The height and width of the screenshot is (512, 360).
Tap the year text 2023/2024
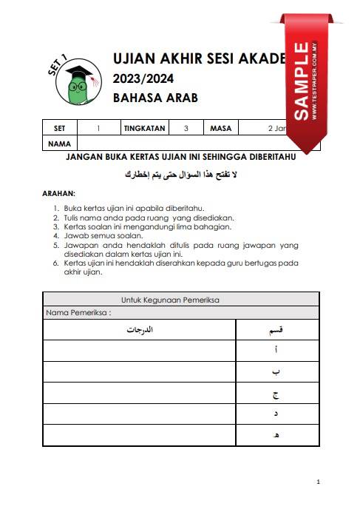[x=140, y=78]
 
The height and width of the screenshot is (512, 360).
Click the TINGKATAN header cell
[x=145, y=128]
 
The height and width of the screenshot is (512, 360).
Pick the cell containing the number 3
[x=186, y=128]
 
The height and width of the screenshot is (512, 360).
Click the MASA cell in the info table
[x=220, y=128]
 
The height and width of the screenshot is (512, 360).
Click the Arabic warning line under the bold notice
[x=182, y=175]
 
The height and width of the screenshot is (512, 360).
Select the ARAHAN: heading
[x=60, y=193]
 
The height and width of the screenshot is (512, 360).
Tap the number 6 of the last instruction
[x=55, y=263]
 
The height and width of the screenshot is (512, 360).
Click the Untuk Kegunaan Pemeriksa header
[x=180, y=300]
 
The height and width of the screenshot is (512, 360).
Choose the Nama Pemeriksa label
[x=78, y=312]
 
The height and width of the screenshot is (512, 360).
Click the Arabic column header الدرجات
[x=139, y=329]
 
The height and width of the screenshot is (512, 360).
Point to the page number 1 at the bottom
[x=317, y=482]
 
